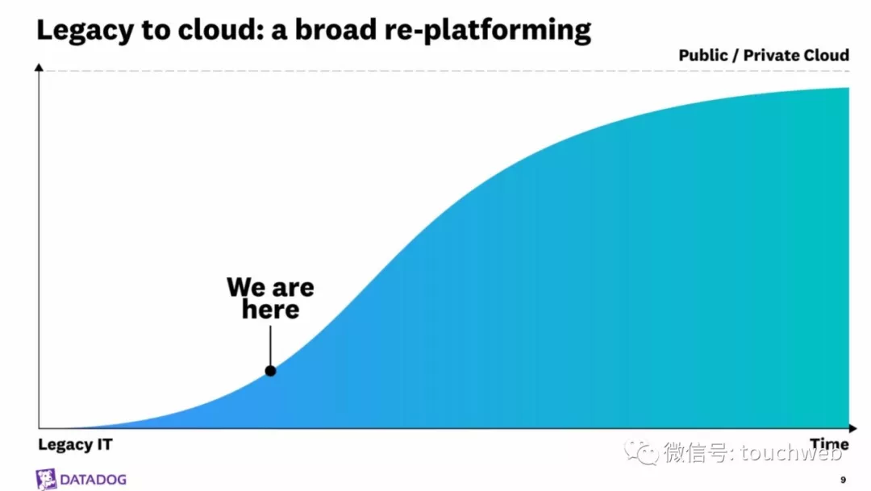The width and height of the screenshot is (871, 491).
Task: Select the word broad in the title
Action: pyautogui.click(x=335, y=30)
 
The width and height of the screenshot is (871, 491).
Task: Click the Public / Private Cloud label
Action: pyautogui.click(x=764, y=56)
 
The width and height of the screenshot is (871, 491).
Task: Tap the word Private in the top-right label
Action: pyautogui.click(x=769, y=56)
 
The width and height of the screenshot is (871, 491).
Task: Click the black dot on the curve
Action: pyautogui.click(x=270, y=371)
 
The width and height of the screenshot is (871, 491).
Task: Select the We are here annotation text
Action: pyautogui.click(x=270, y=298)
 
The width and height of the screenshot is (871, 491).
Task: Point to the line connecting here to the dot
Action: pyautogui.click(x=270, y=346)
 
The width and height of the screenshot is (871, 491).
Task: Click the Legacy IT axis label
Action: pyautogui.click(x=75, y=445)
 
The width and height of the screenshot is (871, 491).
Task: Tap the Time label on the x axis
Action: pyautogui.click(x=829, y=443)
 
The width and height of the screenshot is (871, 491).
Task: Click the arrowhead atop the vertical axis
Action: pyautogui.click(x=39, y=67)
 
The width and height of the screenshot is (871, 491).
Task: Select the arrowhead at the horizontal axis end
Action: pyautogui.click(x=853, y=428)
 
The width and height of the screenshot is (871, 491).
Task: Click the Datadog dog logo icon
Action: pyautogui.click(x=46, y=480)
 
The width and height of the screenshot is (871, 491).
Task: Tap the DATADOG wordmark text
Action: pyautogui.click(x=94, y=480)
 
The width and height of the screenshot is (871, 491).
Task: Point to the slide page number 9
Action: pyautogui.click(x=844, y=480)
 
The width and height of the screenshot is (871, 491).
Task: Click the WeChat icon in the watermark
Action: pyautogui.click(x=642, y=452)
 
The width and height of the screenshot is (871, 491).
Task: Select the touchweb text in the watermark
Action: pyautogui.click(x=792, y=453)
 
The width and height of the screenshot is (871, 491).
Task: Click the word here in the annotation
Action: pyautogui.click(x=270, y=310)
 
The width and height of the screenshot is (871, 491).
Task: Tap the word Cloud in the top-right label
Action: pyautogui.click(x=825, y=56)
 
